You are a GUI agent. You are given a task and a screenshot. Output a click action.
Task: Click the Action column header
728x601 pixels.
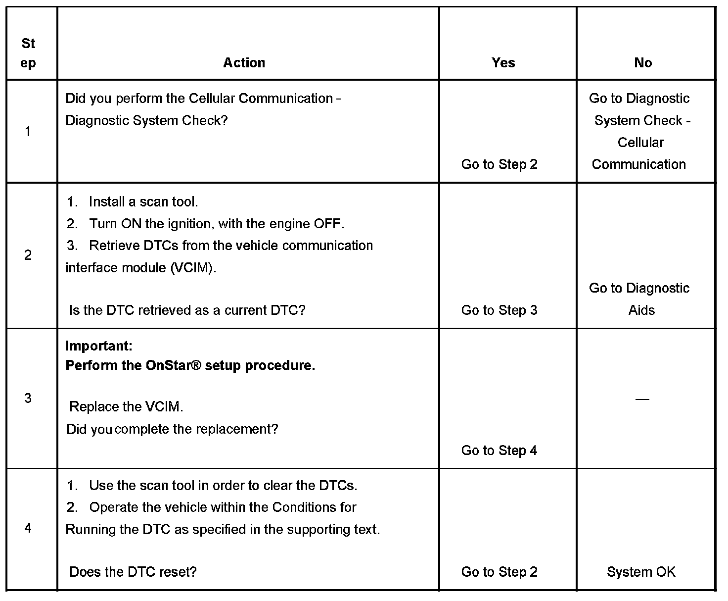coord(244,63)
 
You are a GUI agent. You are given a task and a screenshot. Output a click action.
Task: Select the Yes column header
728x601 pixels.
coord(503,63)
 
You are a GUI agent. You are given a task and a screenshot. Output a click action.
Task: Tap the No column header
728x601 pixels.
coord(642,63)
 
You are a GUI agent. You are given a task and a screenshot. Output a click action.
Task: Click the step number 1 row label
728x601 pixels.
coord(28,132)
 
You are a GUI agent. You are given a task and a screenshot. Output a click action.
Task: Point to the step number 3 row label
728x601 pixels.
coord(28,398)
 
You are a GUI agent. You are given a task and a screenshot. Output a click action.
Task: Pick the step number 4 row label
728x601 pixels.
coord(28,528)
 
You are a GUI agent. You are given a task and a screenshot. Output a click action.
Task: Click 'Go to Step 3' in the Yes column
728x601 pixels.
coord(499,310)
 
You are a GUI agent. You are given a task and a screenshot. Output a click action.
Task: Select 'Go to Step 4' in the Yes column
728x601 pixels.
coord(499,451)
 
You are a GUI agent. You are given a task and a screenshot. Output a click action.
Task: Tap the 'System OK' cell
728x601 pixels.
coord(641,572)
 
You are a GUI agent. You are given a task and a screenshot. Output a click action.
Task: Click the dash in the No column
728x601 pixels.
coord(642,399)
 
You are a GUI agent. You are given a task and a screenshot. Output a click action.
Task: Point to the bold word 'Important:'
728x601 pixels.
coord(99,346)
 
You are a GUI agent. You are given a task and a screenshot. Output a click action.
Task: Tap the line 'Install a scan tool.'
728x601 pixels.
coord(143,202)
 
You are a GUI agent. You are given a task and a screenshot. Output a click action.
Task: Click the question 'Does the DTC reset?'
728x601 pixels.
coord(133,572)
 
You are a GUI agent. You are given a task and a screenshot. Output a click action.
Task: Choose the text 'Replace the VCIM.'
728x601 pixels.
coord(126,407)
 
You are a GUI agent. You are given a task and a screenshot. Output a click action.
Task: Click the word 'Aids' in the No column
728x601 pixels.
coord(641,310)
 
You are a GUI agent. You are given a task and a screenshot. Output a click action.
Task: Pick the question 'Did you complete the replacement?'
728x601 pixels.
coord(172,429)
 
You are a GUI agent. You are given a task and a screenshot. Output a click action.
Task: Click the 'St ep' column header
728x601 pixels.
coord(28,53)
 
